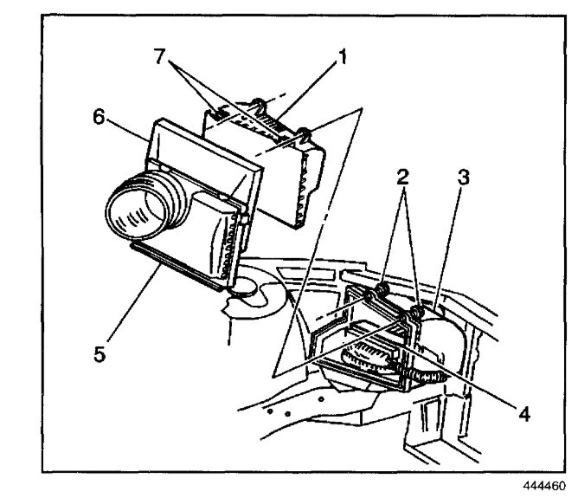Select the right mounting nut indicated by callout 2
[416, 309]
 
